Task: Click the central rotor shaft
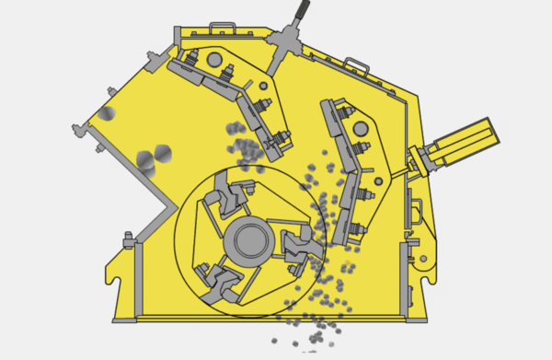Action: pyautogui.click(x=249, y=241)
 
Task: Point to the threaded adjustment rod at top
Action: pyautogui.click(x=300, y=14)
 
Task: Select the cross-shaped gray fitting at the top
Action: pyautogui.click(x=283, y=41)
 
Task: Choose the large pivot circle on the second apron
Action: pyautogui.click(x=362, y=127)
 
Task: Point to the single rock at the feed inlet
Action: pyautogui.click(x=107, y=113)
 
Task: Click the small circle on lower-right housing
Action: pyautogui.click(x=423, y=260)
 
